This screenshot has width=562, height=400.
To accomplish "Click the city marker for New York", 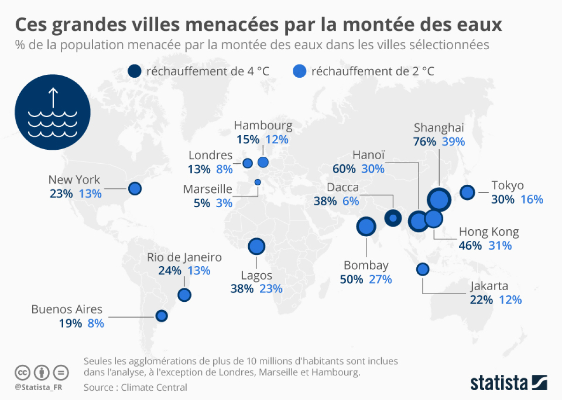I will coord(135,189).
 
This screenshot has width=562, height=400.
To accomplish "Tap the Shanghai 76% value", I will coord(425,141).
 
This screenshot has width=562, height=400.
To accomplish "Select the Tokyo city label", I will coord(507,186).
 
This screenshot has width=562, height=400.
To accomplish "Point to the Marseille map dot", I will coord(257,182).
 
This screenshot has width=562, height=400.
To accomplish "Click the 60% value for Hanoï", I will coord(344,169).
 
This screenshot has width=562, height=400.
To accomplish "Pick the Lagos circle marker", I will coord(257,246).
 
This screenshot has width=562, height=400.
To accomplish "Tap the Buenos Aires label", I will coord(67,309).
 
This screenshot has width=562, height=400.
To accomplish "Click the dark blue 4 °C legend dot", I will coord(134,71).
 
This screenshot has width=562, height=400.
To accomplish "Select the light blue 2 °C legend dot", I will coord(299,71).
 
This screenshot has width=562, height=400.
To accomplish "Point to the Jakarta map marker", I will coord(422,269).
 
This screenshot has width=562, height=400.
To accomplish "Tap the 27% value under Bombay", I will coord(380,280).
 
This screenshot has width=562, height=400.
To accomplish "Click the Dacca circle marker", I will coord(393,218).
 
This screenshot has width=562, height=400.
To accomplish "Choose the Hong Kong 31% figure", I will coord(500,246).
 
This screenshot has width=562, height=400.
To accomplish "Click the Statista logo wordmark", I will coord(501,382).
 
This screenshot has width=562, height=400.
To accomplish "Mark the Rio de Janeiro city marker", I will coord(185,295).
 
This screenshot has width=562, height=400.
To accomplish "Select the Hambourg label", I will coord(263,125).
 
